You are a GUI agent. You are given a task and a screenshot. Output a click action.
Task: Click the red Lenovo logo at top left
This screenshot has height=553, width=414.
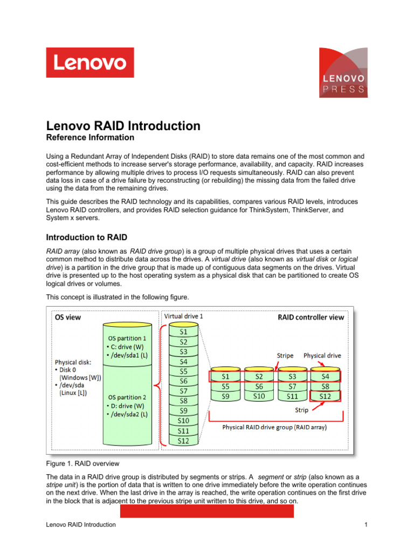pos(90,63)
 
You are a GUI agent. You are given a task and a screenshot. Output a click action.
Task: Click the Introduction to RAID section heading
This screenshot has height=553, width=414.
pos(87,237)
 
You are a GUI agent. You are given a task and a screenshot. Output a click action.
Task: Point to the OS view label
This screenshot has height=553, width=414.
pos(68,318)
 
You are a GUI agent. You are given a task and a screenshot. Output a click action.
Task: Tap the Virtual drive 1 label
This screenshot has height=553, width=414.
pos(183,315)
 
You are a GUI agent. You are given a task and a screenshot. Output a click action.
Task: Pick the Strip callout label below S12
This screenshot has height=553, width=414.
pos(301,410)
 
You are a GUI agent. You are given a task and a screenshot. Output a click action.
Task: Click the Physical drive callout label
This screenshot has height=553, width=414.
pos(322,355)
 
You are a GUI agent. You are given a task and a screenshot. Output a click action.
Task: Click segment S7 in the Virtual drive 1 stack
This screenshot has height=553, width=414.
pos(183,391)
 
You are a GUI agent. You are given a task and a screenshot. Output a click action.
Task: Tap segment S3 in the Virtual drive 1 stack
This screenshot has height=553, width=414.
pos(183,352)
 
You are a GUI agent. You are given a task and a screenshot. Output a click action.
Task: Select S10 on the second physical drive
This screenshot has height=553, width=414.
pos(259,396)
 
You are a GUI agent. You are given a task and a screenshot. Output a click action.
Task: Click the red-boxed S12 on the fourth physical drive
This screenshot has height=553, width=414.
pos(325,396)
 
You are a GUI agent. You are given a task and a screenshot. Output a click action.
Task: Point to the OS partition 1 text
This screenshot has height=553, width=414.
pos(127,338)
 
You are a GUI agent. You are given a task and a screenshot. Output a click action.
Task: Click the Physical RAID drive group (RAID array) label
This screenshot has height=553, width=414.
pos(275,428)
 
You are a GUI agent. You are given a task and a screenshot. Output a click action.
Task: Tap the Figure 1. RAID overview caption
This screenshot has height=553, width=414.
pos(82,463)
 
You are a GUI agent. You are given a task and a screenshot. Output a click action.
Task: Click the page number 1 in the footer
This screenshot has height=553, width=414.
pos(365,524)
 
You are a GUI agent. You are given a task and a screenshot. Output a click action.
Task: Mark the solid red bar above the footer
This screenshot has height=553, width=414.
pos(206,511)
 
